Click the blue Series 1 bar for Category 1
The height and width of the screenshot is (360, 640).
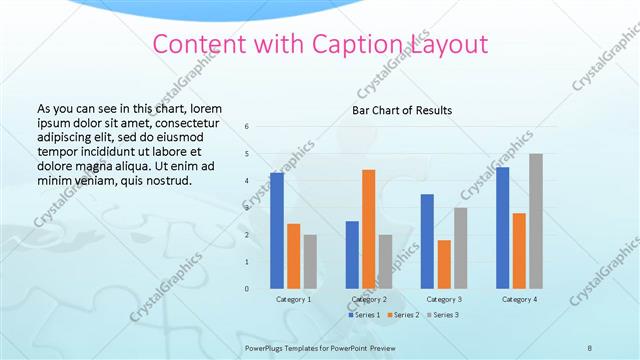(277, 230)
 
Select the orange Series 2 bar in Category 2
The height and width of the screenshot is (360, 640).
(368, 229)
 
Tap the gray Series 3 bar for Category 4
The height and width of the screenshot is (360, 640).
(536, 221)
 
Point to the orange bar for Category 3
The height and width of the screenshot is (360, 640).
(444, 264)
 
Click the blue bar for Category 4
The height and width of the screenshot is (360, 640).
(502, 227)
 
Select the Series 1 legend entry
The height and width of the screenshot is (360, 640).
(365, 315)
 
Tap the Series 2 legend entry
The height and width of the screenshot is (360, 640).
(403, 315)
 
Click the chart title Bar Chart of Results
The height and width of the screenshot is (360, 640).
(402, 110)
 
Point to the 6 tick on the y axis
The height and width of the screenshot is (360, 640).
(247, 127)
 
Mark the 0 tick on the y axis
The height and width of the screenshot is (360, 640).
(247, 289)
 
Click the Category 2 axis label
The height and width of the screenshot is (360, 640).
(368, 299)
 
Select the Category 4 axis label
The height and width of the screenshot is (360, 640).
(519, 299)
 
